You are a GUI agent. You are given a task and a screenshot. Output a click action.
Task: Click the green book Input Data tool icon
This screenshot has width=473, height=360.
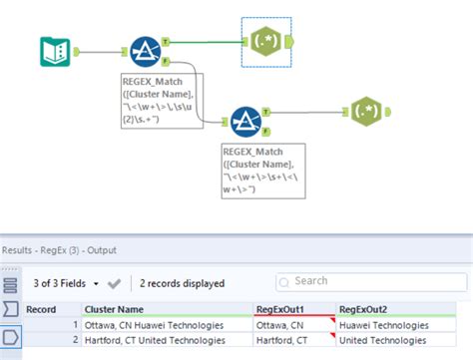coord(53,51)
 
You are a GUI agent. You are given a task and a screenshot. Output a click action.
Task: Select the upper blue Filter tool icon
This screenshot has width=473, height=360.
coord(146,51)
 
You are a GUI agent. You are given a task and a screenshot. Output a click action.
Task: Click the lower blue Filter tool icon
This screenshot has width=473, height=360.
coord(245,121)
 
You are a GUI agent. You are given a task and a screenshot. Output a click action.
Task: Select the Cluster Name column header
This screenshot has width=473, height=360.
coord(166,309)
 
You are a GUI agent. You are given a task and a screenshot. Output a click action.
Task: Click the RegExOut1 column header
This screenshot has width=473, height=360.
coord(293,309)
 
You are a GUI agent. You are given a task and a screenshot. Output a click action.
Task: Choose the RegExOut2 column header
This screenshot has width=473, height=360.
coord(399,309)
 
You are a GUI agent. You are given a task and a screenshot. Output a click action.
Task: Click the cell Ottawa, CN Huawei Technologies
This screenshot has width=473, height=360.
coord(166,325)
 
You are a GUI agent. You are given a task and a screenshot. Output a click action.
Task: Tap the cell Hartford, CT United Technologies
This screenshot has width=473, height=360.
coord(166,341)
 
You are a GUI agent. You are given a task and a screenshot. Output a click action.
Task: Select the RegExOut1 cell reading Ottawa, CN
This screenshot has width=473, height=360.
coord(293,325)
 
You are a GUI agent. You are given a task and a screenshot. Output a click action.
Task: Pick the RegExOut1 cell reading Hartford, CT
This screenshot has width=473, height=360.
coord(293,341)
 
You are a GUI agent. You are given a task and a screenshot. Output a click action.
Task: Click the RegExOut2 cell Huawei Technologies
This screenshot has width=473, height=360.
coord(399,325)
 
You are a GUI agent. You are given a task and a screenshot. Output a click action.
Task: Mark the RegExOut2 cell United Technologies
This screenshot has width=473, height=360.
coord(399,341)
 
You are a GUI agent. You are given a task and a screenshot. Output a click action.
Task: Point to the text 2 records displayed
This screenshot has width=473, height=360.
coord(182,283)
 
